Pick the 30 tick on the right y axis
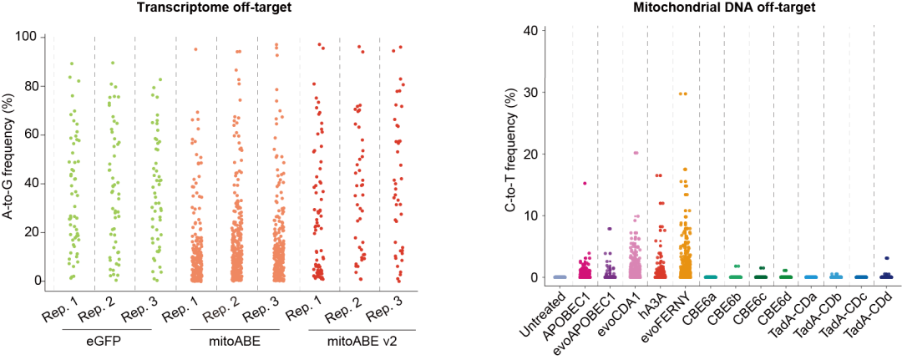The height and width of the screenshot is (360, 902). [530, 91]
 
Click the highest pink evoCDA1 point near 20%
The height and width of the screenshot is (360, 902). [636, 153]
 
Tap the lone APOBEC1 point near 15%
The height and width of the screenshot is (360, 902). [585, 183]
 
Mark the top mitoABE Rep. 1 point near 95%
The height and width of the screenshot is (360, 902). [196, 49]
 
